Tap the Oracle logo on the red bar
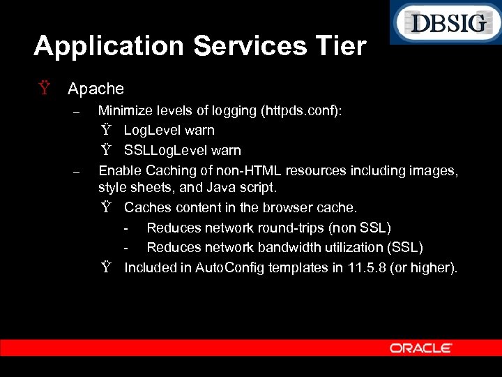click(421, 348)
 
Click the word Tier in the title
click(340, 46)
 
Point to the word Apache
click(96, 89)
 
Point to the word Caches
click(147, 207)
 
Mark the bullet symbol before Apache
click(45, 89)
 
